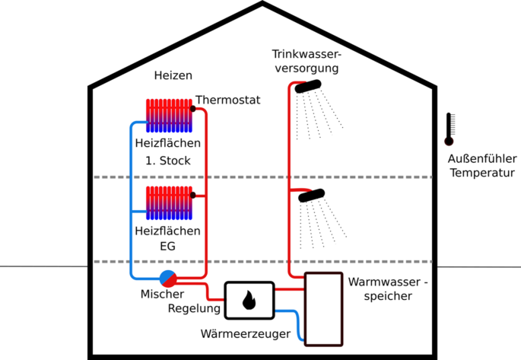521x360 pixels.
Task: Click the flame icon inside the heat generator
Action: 249,301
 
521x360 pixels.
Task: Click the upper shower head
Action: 308,88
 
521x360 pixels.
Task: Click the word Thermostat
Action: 228,100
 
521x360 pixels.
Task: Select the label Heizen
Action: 173,75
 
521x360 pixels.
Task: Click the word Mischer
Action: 162,295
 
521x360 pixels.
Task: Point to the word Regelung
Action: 193,309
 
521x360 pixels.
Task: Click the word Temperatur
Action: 482,173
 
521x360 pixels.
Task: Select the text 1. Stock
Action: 168,161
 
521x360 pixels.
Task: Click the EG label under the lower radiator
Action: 167,247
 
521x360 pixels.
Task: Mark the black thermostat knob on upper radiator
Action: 193,109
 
